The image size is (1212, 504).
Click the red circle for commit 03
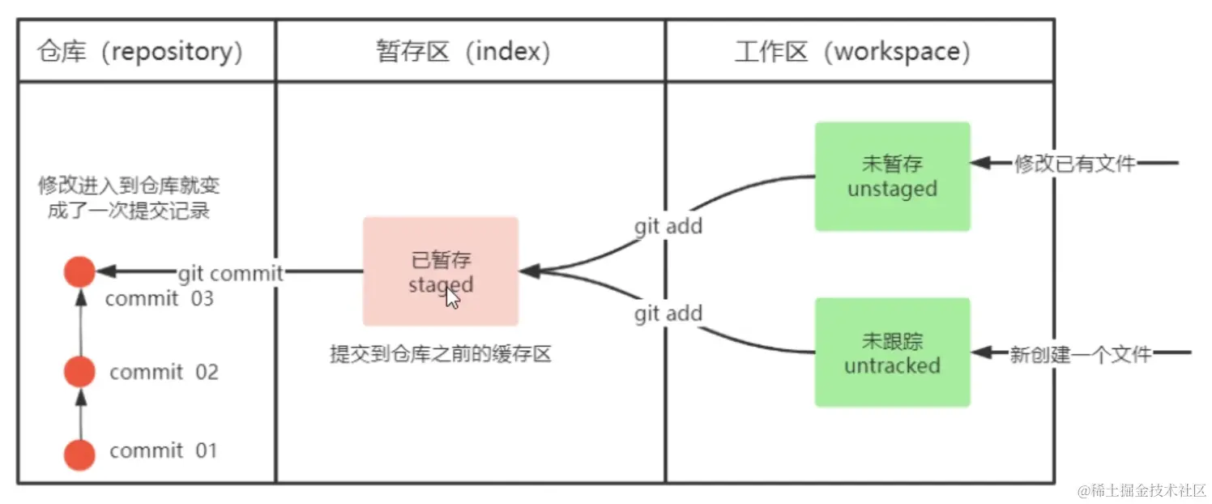click(x=79, y=271)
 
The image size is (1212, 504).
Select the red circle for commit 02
click(x=79, y=372)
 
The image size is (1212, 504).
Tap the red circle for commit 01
click(x=79, y=454)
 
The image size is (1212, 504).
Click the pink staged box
click(x=440, y=271)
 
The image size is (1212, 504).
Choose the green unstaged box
click(x=892, y=177)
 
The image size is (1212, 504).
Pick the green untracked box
click(x=892, y=352)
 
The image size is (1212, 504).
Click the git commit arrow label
click(x=230, y=273)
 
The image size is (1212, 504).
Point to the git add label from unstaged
click(x=668, y=226)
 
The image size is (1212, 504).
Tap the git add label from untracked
click(x=668, y=314)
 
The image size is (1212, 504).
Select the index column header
click(x=463, y=52)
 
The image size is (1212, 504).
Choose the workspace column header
click(x=852, y=52)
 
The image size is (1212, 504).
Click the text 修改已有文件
click(x=1074, y=164)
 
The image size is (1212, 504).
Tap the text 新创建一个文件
click(x=1080, y=353)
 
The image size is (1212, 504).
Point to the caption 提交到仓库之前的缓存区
click(x=440, y=355)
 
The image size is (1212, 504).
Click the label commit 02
click(x=164, y=372)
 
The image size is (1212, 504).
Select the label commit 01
click(x=164, y=451)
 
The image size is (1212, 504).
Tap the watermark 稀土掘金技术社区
click(x=1142, y=489)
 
